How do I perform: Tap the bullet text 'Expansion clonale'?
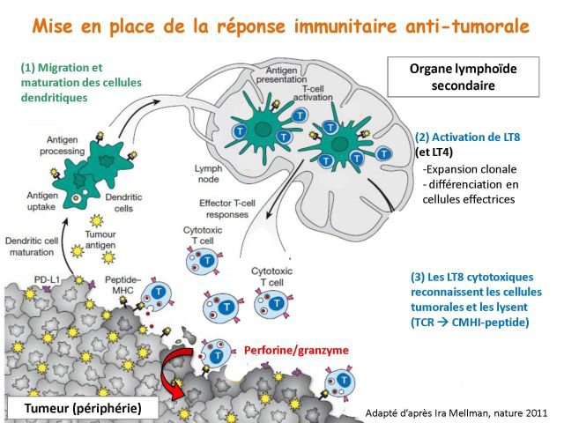tap(470, 168)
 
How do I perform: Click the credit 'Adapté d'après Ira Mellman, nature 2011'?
tap(457, 412)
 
